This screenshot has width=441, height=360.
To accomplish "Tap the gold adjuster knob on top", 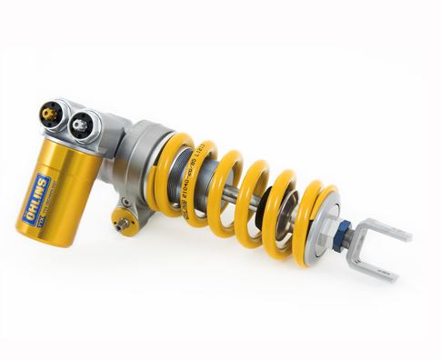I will pos(50,115).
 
